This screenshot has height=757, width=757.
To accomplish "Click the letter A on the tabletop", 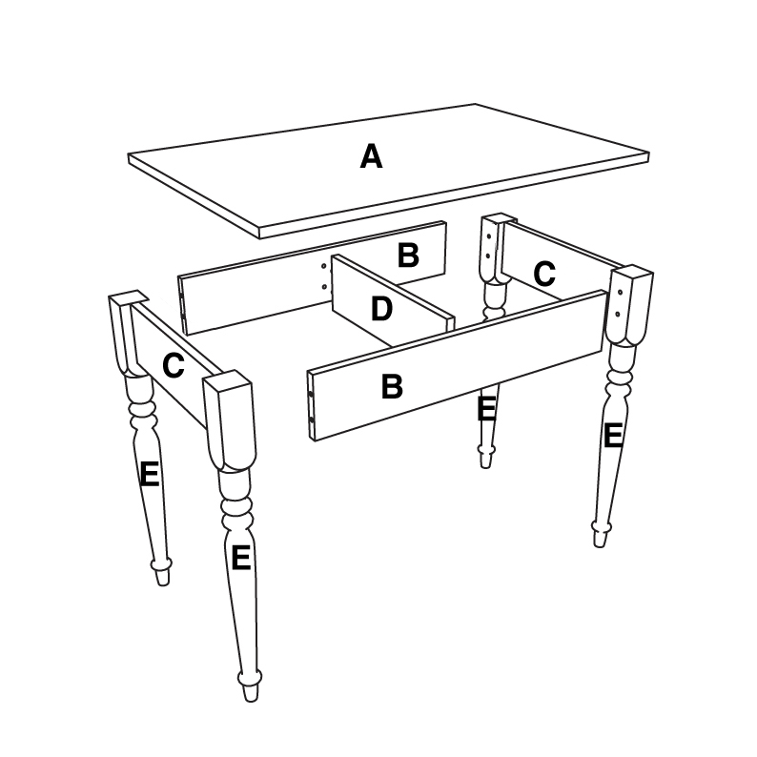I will [x=371, y=156].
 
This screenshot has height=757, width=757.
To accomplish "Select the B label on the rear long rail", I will [x=408, y=255].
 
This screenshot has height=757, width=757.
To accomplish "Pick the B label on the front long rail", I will [x=391, y=386].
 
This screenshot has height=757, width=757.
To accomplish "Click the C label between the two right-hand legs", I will [x=543, y=275].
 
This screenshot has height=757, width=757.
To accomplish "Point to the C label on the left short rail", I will [x=173, y=365].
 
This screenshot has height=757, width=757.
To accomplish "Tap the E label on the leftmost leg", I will [x=149, y=474].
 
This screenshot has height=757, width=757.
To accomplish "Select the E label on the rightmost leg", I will [x=612, y=435].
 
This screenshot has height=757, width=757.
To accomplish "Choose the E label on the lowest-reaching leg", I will [x=240, y=557].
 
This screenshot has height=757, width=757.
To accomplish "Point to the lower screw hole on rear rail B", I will [x=325, y=286].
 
